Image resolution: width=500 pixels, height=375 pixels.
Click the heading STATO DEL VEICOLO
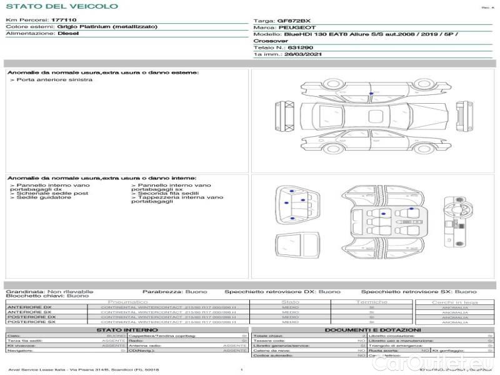(62, 6)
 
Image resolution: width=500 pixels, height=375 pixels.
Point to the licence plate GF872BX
(293, 21)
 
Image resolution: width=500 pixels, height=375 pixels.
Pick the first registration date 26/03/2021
(298, 54)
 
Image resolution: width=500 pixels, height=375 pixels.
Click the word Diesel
(68, 34)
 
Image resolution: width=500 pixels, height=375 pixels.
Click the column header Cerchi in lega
(454, 302)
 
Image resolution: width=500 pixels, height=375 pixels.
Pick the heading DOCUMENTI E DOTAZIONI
(372, 330)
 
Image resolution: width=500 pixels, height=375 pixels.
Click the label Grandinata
(24, 292)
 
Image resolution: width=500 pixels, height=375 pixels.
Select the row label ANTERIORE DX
(29, 307)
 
